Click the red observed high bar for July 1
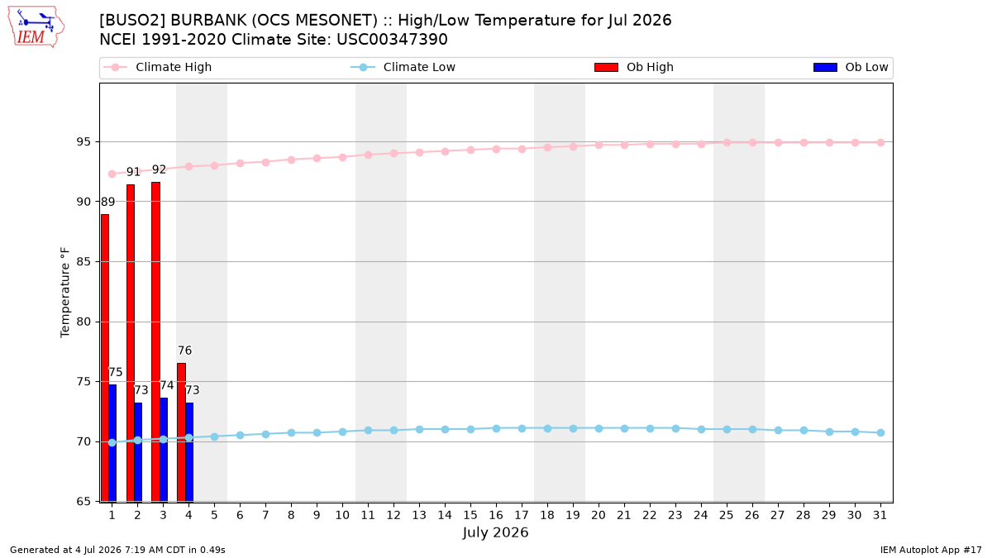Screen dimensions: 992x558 tap(105, 358)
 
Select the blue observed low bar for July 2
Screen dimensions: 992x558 tap(138, 452)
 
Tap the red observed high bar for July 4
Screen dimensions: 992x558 tap(182, 432)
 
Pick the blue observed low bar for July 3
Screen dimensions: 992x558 tap(164, 450)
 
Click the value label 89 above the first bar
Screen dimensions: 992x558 tap(107, 202)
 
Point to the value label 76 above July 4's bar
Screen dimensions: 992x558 tap(184, 351)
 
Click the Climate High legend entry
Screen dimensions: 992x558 tap(158, 67)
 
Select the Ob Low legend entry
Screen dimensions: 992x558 tap(851, 67)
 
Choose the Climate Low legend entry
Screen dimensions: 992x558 tap(403, 67)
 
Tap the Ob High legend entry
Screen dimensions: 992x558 tap(634, 67)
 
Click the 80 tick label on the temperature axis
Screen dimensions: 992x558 tap(83, 322)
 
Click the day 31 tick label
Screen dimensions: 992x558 tap(880, 515)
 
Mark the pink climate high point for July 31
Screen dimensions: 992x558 tap(881, 142)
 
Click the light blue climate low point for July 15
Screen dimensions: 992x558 tap(470, 429)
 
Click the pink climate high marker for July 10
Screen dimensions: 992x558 tap(342, 157)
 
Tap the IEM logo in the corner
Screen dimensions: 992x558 tap(36, 27)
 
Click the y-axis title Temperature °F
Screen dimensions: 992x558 tap(65, 293)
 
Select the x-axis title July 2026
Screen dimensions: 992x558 tap(495, 532)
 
